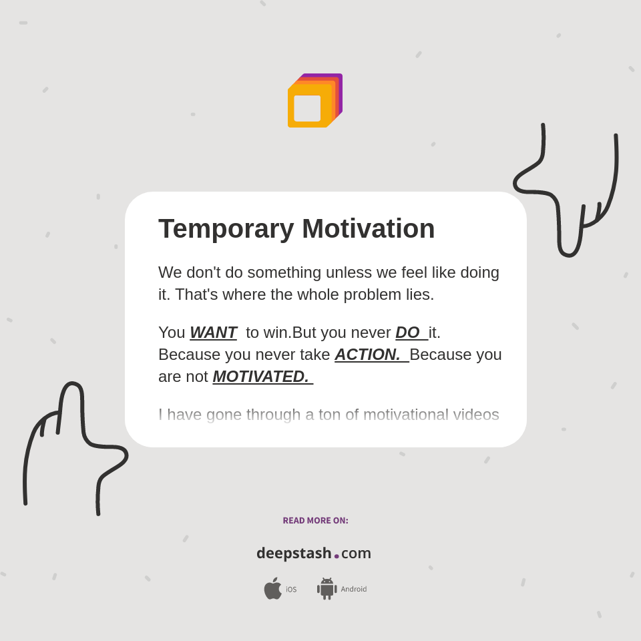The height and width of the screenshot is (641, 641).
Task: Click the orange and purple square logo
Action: tap(314, 101)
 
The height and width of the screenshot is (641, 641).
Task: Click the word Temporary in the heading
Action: tap(226, 229)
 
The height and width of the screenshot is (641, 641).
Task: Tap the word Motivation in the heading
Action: tap(368, 229)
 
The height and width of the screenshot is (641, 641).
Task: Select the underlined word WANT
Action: tap(213, 333)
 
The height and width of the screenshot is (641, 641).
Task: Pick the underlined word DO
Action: tap(407, 333)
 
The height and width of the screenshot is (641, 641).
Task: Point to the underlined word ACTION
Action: tap(367, 355)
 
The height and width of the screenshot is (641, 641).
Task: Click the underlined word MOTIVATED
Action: tap(260, 377)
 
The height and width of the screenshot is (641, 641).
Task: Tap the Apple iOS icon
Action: tap(272, 588)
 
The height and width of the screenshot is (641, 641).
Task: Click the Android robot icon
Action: tap(327, 588)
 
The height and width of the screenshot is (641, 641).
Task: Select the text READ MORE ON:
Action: tap(315, 521)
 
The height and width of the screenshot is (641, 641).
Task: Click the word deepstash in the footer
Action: tap(294, 553)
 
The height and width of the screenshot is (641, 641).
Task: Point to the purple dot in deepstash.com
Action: tap(337, 556)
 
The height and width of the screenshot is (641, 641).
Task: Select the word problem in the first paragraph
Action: tap(371, 294)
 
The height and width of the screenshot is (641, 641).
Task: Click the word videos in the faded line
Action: tap(475, 415)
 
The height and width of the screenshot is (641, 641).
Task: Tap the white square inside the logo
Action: tap(307, 108)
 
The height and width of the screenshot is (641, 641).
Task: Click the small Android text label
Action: tap(353, 589)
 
